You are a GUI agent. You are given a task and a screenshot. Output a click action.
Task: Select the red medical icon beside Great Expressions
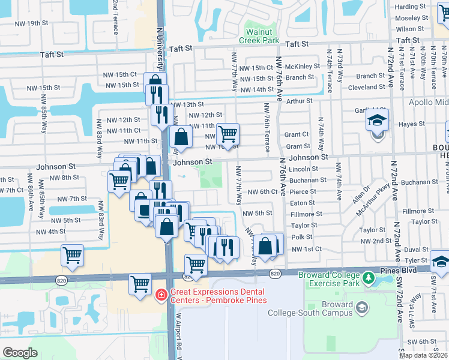(x=160, y=294)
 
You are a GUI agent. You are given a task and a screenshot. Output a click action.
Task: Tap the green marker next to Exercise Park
(x=371, y=278)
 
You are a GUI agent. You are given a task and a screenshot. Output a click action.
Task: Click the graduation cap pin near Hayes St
(x=378, y=120)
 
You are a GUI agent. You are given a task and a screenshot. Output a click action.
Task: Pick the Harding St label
(x=411, y=7)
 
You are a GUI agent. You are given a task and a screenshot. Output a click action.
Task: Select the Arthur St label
(x=300, y=101)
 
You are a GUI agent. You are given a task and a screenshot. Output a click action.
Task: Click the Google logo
(x=20, y=353)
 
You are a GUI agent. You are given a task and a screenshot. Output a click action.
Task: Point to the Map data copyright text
(x=424, y=355)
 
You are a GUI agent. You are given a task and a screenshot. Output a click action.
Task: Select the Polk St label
(x=301, y=237)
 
